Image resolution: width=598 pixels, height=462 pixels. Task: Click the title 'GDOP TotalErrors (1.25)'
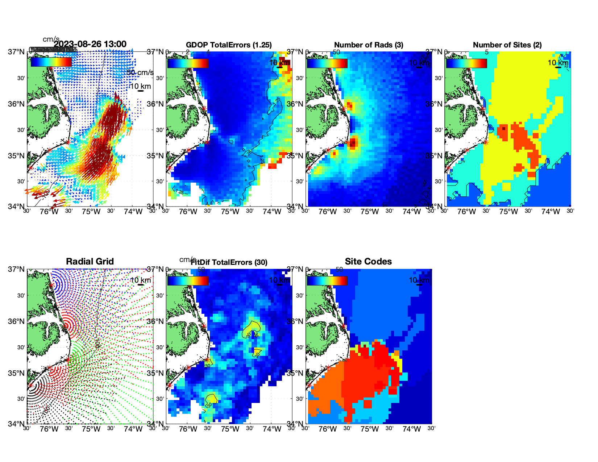229,45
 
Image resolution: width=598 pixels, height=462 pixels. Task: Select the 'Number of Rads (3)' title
369,45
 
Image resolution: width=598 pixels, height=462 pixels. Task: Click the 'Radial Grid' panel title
90,262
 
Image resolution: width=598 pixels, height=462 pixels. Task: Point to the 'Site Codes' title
368,262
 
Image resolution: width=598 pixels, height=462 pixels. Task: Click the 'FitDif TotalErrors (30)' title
229,262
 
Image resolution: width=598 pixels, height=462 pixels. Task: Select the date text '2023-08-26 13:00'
90,44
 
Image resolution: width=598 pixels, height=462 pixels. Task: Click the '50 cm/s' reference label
140,72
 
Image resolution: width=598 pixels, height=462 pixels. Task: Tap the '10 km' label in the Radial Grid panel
140,280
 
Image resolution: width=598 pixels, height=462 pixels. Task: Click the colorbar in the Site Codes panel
327,281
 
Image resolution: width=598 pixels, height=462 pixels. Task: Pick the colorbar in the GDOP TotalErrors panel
188,63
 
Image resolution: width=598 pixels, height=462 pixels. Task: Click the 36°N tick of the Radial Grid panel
16,321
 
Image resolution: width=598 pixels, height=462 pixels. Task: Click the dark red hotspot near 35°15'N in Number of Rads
353,143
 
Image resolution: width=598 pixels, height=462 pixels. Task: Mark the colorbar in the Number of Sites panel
466,63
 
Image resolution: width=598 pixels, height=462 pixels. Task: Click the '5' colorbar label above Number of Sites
486,52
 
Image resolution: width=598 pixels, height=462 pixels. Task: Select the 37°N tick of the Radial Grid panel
16,269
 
